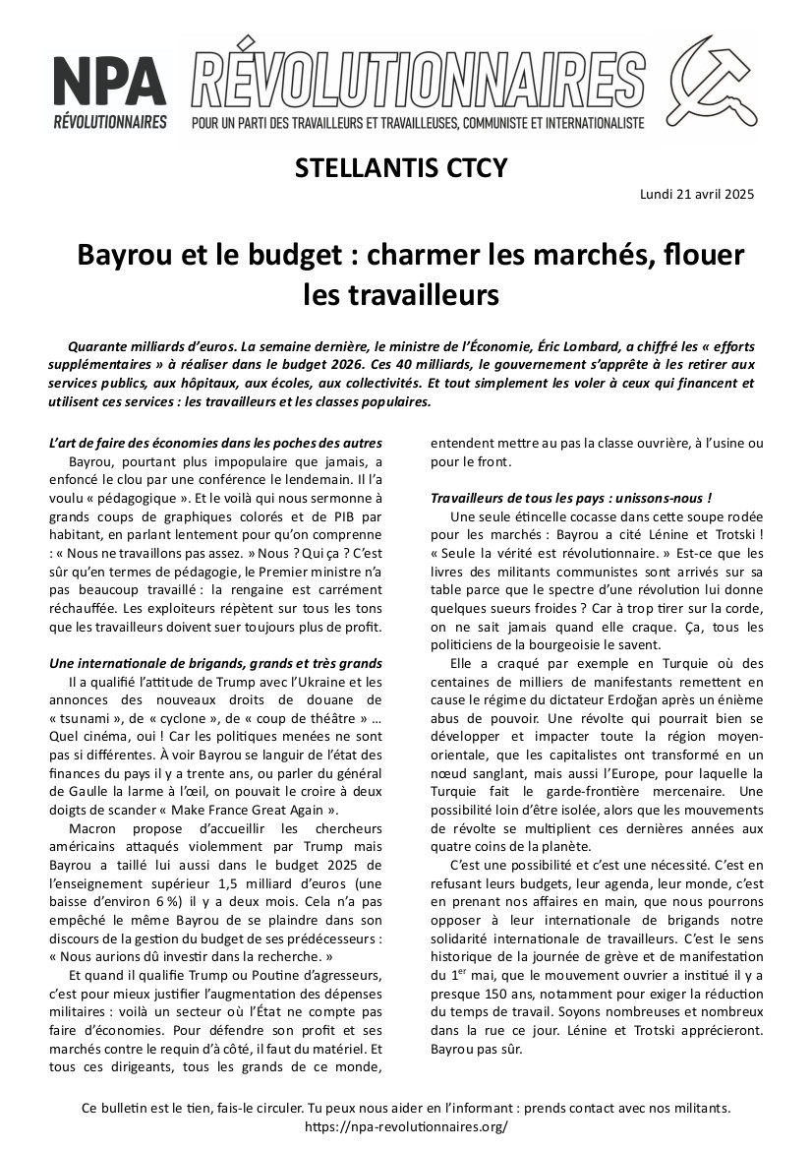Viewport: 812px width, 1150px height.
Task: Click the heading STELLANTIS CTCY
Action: click(401, 168)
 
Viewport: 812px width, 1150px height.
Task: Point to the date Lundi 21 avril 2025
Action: click(697, 194)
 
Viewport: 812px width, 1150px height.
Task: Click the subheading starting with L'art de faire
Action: click(214, 444)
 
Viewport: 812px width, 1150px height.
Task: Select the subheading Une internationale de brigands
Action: click(214, 664)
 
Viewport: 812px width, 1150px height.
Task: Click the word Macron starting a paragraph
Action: click(93, 829)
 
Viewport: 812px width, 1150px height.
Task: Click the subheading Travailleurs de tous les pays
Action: click(571, 499)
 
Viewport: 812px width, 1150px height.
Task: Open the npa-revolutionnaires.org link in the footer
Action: click(406, 1126)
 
